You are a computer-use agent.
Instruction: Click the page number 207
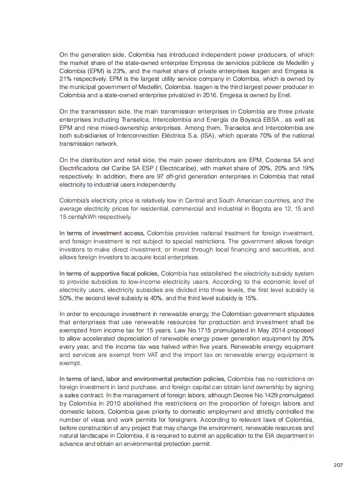coord(337,465)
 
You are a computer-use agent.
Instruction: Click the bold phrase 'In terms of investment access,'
coord(102,233)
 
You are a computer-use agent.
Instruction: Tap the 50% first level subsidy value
coord(66,298)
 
